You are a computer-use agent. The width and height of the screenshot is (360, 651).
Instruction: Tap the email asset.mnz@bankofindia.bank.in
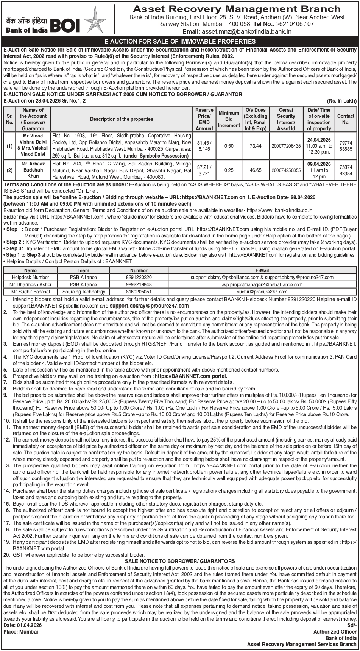[x=247, y=32]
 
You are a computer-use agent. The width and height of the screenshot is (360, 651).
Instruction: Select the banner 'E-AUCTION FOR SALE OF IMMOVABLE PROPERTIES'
[x=180, y=41]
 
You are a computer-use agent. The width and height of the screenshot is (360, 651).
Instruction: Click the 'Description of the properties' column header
[x=122, y=119]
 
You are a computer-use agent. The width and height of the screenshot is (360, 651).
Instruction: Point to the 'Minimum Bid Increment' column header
[x=229, y=119]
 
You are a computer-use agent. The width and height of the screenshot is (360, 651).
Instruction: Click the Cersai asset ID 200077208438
[x=286, y=146]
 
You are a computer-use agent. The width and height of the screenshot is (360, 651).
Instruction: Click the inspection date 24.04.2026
[x=319, y=139]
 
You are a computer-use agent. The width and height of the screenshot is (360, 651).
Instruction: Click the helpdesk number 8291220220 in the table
[x=139, y=278]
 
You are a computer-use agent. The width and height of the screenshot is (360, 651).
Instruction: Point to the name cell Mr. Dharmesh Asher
[x=30, y=284]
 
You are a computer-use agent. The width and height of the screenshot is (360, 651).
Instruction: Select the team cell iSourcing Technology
[x=83, y=292]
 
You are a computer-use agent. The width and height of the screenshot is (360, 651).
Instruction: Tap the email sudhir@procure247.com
[x=262, y=292]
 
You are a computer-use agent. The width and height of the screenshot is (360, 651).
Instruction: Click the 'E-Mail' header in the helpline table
[x=262, y=270]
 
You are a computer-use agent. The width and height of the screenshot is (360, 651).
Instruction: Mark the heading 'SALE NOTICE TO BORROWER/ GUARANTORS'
[x=180, y=561]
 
